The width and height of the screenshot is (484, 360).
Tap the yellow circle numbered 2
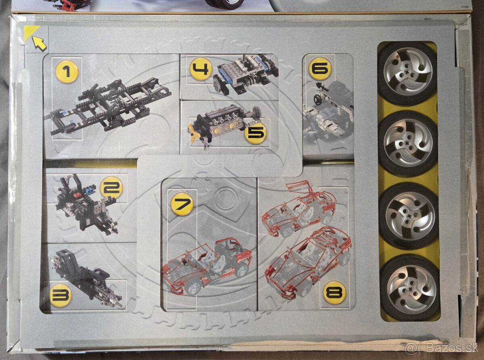tap(111, 187)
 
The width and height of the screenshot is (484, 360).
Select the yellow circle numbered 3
tap(60, 295)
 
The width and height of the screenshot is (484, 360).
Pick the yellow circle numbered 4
tap(200, 69)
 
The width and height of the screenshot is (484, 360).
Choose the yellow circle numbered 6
tap(320, 68)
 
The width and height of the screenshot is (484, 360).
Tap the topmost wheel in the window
tap(407, 73)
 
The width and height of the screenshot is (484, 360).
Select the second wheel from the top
tap(408, 143)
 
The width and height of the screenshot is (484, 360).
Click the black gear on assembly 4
tap(218, 85)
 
